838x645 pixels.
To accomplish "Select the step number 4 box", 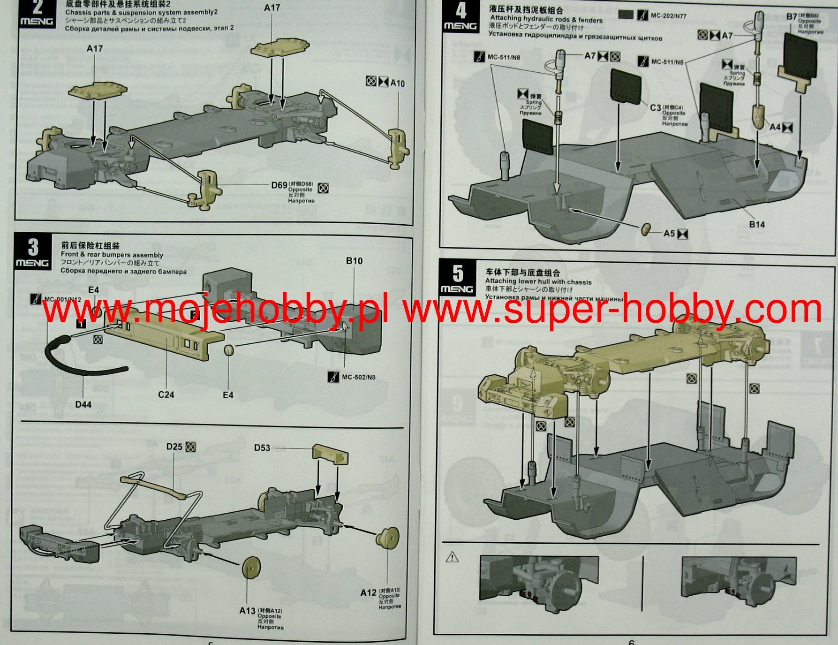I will click(x=460, y=17).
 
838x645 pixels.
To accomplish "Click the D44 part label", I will click(x=83, y=404).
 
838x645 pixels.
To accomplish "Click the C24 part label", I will click(x=166, y=395).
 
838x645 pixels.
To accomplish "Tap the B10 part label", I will click(x=354, y=261).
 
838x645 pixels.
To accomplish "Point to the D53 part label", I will click(x=262, y=448).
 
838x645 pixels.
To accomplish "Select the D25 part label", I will click(x=174, y=447).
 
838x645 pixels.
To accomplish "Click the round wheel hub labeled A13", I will click(x=252, y=569).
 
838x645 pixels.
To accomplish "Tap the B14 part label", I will click(x=757, y=224).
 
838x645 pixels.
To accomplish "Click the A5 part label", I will click(x=669, y=233).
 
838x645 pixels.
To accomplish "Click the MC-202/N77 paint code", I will click(x=668, y=15).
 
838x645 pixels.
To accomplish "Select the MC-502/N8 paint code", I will click(x=358, y=377).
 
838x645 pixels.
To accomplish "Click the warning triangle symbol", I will click(x=452, y=557).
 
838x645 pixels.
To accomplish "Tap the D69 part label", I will click(x=279, y=185).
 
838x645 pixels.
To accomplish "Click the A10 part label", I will click(x=397, y=83).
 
